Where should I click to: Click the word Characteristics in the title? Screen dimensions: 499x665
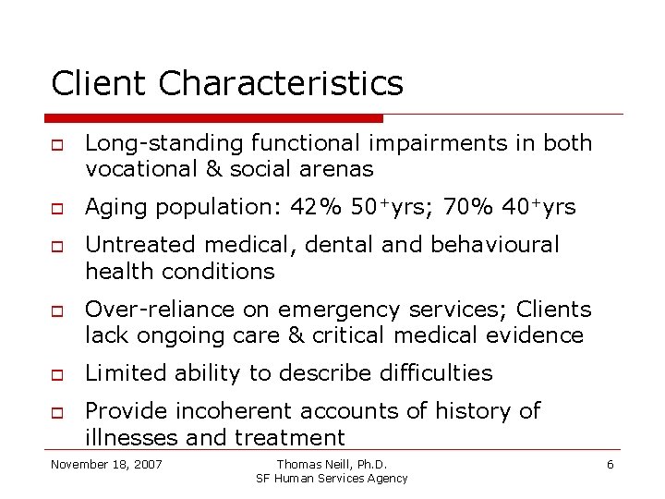tap(281, 84)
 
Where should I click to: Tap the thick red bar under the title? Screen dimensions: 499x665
tap(213, 118)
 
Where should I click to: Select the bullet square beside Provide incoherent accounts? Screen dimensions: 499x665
tap(57, 411)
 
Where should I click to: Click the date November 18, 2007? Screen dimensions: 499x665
tap(106, 463)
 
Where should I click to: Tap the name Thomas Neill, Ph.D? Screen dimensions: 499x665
tap(332, 463)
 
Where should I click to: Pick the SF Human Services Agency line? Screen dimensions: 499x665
tap(332, 478)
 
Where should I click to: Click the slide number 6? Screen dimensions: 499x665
tap(610, 463)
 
